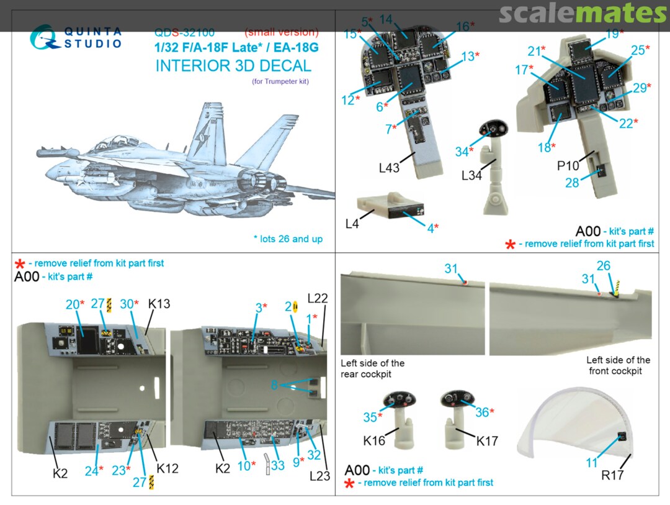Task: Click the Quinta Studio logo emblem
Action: (43, 37)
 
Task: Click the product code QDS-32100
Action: (185, 32)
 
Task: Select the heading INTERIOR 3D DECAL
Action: (233, 66)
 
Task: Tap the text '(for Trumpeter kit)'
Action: (280, 81)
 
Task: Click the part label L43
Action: (389, 168)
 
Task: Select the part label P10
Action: (568, 165)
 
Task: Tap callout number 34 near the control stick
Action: (462, 152)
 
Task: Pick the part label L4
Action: (352, 224)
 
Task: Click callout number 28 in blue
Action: (572, 183)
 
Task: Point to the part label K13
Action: (159, 304)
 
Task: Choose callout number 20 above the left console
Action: (72, 304)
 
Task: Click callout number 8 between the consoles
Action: (274, 384)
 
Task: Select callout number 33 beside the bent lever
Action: (278, 465)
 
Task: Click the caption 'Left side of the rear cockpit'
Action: (373, 368)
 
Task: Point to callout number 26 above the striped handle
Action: (604, 266)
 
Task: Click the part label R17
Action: (612, 475)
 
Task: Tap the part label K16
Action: (374, 440)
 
